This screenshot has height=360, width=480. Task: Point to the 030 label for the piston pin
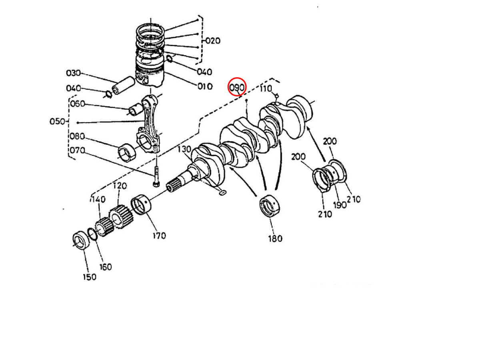click(73, 73)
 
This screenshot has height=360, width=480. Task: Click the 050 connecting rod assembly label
click(57, 121)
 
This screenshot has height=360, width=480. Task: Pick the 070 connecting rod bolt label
click(77, 150)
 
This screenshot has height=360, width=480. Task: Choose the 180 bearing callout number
click(275, 238)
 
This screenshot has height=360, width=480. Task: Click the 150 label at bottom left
click(89, 276)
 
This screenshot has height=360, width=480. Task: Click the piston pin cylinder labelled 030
click(123, 86)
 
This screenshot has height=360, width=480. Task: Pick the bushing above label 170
click(143, 204)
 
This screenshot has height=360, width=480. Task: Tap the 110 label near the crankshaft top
click(266, 89)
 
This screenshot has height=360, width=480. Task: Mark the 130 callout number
click(185, 150)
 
